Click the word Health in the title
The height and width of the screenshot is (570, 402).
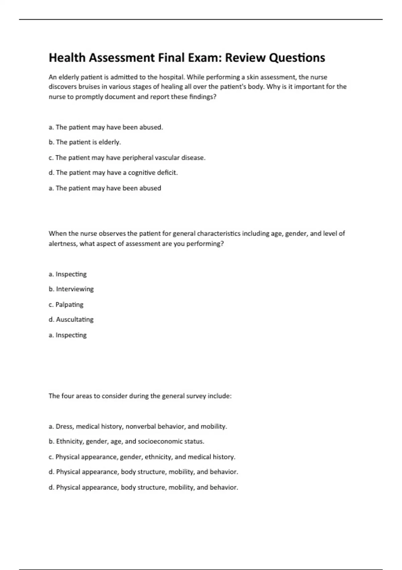(x=67, y=58)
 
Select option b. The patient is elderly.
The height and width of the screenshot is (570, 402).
(x=85, y=142)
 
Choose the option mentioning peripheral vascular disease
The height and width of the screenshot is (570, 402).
(x=127, y=158)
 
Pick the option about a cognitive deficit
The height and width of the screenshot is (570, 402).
(x=113, y=173)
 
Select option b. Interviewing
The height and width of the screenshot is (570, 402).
(x=71, y=289)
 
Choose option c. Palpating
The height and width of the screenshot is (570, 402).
(x=66, y=304)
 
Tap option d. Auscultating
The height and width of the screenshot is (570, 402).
(x=71, y=320)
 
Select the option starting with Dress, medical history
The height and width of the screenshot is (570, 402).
(x=138, y=426)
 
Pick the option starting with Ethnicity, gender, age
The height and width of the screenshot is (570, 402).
(x=126, y=442)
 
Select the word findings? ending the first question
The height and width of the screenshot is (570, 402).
(x=203, y=97)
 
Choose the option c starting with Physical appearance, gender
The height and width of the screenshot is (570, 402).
(x=142, y=457)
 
